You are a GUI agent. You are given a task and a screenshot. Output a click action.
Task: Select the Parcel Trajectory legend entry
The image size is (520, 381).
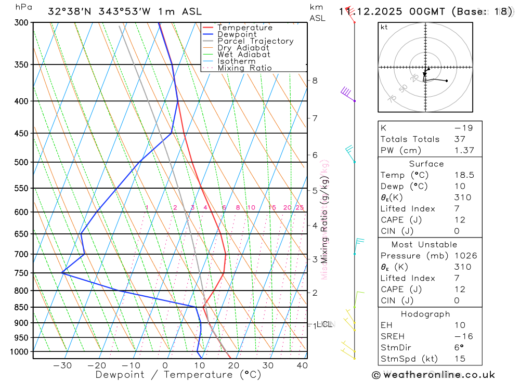click(x=255, y=41)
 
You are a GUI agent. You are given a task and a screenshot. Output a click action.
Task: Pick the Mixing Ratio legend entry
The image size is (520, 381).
click(x=244, y=68)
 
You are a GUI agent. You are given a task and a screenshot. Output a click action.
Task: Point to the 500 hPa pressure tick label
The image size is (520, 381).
click(x=21, y=162)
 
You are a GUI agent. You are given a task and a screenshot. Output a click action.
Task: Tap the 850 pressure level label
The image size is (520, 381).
click(x=21, y=307)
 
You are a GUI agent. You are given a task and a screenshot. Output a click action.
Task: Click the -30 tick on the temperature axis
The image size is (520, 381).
click(x=62, y=365)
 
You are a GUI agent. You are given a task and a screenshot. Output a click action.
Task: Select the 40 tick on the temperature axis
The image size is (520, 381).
click(x=302, y=365)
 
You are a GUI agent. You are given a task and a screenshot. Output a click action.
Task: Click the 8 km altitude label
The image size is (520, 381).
click(x=315, y=80)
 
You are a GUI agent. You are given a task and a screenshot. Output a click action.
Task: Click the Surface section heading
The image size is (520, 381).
click(x=426, y=164)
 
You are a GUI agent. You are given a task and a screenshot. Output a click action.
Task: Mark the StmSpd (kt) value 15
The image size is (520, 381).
click(x=460, y=359)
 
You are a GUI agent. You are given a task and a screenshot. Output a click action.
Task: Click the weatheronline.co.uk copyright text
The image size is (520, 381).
click(x=433, y=375)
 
